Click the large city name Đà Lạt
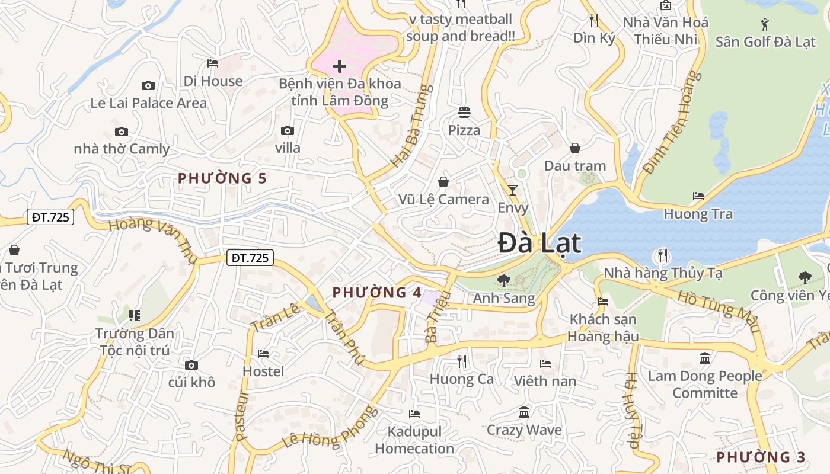539,243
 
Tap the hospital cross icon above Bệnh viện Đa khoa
340,66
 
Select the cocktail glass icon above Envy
513,190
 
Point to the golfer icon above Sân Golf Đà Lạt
765,24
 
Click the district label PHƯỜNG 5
222,178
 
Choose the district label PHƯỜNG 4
377,292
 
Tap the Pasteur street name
242,415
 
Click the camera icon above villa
288,130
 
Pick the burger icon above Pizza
464,112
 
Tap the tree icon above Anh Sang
504,280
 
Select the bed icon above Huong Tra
698,196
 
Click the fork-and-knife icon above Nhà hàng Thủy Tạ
663,255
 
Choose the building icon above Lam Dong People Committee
705,358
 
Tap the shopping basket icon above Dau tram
574,148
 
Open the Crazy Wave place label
524,430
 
